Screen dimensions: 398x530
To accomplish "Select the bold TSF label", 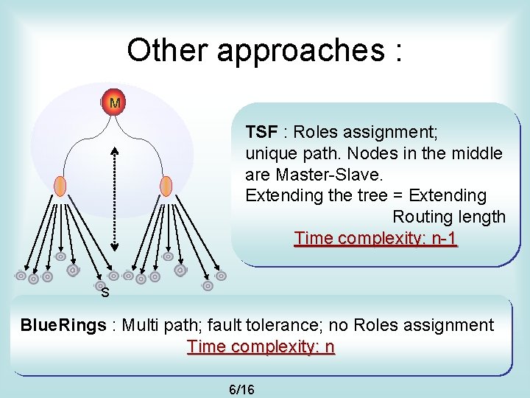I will pos(261,132).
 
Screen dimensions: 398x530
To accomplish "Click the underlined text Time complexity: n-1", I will pos(375,238).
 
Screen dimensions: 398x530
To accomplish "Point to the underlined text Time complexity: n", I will pos(261,346).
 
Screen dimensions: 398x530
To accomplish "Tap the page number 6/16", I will pos(242,388).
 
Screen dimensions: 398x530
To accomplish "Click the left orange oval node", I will pos(60,186).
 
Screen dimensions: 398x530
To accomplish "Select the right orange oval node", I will pos(166,186).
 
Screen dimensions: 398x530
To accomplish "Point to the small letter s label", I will pos(105,293).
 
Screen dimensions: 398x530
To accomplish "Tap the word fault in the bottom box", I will pos(248,325).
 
